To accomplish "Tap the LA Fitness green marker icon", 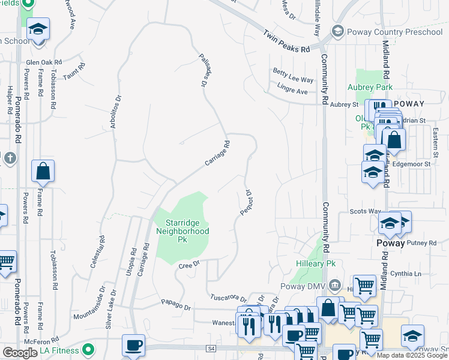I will pos(89,349).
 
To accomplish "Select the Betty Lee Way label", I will pos(294,80).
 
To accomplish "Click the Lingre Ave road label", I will pos(292,91).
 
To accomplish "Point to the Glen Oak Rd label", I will pos(44,62).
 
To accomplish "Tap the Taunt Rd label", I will pos(76,74).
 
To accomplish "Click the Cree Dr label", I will pos(188,263).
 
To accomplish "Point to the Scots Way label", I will pos(366,212).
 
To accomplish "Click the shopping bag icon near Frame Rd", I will pos(43,172).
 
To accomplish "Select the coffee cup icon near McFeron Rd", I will pos(133,346).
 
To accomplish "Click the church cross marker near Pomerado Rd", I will pos(9,158).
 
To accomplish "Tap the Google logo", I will pos(20,353).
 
